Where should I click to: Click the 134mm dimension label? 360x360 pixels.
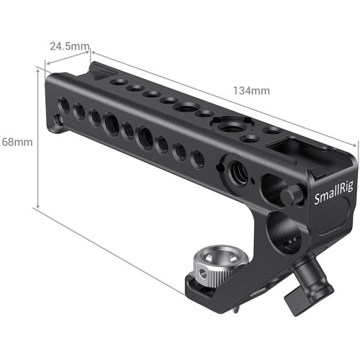251,91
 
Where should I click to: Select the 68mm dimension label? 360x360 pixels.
17,142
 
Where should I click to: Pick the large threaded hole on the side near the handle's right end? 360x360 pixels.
237,171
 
